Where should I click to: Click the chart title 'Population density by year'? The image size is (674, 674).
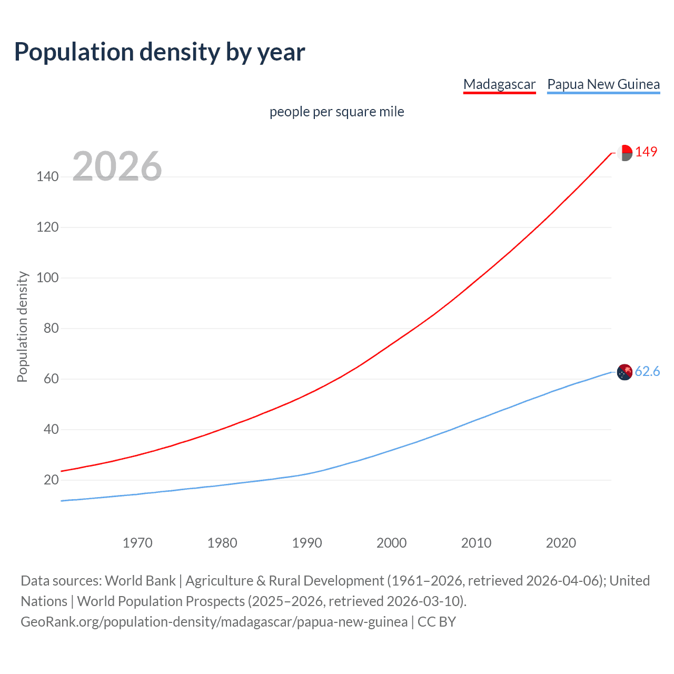[160, 52]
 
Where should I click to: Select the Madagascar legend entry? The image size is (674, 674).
[499, 84]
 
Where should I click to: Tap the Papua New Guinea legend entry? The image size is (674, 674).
[603, 84]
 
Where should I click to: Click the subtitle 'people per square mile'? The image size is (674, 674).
[336, 112]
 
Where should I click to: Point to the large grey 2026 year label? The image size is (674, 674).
[117, 166]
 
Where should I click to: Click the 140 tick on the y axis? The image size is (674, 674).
[47, 177]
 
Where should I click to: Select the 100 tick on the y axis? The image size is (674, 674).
[47, 277]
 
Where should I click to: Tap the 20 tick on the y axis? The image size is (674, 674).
[51, 480]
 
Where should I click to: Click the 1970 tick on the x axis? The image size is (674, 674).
[137, 543]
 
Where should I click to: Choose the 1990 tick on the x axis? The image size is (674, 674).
[307, 543]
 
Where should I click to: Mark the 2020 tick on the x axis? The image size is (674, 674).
[561, 543]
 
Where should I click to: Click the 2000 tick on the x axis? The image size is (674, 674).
[391, 543]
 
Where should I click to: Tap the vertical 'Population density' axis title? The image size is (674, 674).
[22, 326]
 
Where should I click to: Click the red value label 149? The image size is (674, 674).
[646, 152]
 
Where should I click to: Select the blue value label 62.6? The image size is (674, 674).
[647, 372]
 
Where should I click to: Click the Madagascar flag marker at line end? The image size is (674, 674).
[625, 153]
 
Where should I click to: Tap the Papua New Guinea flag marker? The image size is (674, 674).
[625, 372]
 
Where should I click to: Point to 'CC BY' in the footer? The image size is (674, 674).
[437, 622]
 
